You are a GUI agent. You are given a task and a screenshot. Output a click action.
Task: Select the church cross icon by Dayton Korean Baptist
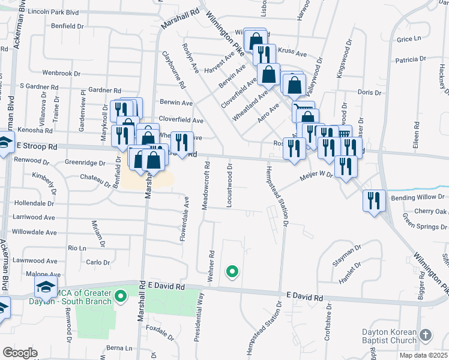pyautogui.click(x=426, y=335)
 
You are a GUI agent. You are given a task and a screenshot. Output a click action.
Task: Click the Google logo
pyautogui.click(x=20, y=353)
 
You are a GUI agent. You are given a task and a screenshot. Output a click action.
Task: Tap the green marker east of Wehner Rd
pyautogui.click(x=232, y=272)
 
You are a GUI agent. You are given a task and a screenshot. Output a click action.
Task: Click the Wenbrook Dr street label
pyautogui.click(x=61, y=73)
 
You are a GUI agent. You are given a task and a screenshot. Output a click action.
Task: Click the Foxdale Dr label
pyautogui.click(x=160, y=329)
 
